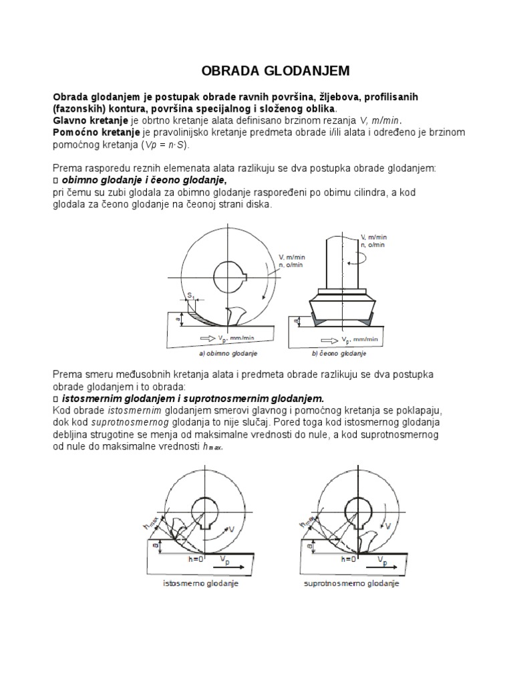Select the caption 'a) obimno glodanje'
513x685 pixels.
[228, 353]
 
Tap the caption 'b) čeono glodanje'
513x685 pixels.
[339, 353]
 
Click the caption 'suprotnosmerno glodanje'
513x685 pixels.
[351, 584]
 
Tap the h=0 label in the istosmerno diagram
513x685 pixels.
[194, 557]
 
